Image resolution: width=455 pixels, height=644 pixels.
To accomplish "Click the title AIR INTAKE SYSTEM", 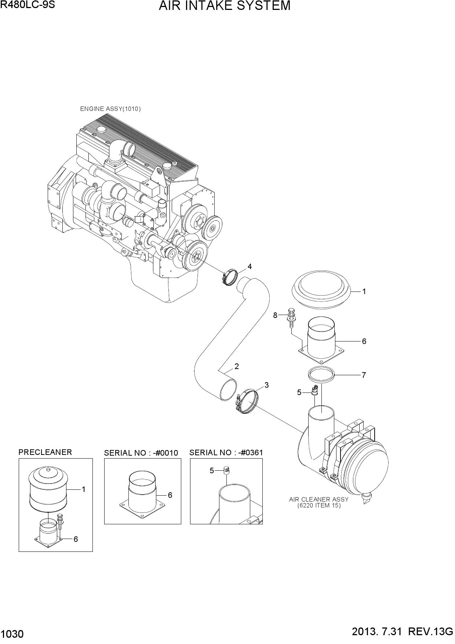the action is tap(225, 6).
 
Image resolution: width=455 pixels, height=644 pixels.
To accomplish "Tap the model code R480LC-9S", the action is tap(28, 5).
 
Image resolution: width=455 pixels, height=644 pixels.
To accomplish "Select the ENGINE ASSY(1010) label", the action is tap(110, 109).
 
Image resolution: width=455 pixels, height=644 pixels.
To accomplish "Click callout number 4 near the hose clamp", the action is tap(250, 267).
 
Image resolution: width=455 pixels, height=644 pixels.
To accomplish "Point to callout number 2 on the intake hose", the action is tap(237, 366).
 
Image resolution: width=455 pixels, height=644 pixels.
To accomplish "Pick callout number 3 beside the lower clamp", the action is tap(267, 385).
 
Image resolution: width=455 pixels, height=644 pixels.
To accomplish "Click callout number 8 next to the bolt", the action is tap(275, 315).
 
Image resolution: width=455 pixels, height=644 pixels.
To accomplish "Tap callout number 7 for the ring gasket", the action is tap(364, 375).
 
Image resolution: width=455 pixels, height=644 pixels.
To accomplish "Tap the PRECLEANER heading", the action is tap(45, 452).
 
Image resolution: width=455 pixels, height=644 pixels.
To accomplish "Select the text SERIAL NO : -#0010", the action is tap(141, 453).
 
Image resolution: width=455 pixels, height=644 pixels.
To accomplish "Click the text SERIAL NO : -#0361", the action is tap(226, 453).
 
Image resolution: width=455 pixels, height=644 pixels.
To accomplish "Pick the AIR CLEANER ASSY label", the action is tap(319, 499).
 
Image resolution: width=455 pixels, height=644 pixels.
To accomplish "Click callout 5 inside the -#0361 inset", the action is tap(212, 471).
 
